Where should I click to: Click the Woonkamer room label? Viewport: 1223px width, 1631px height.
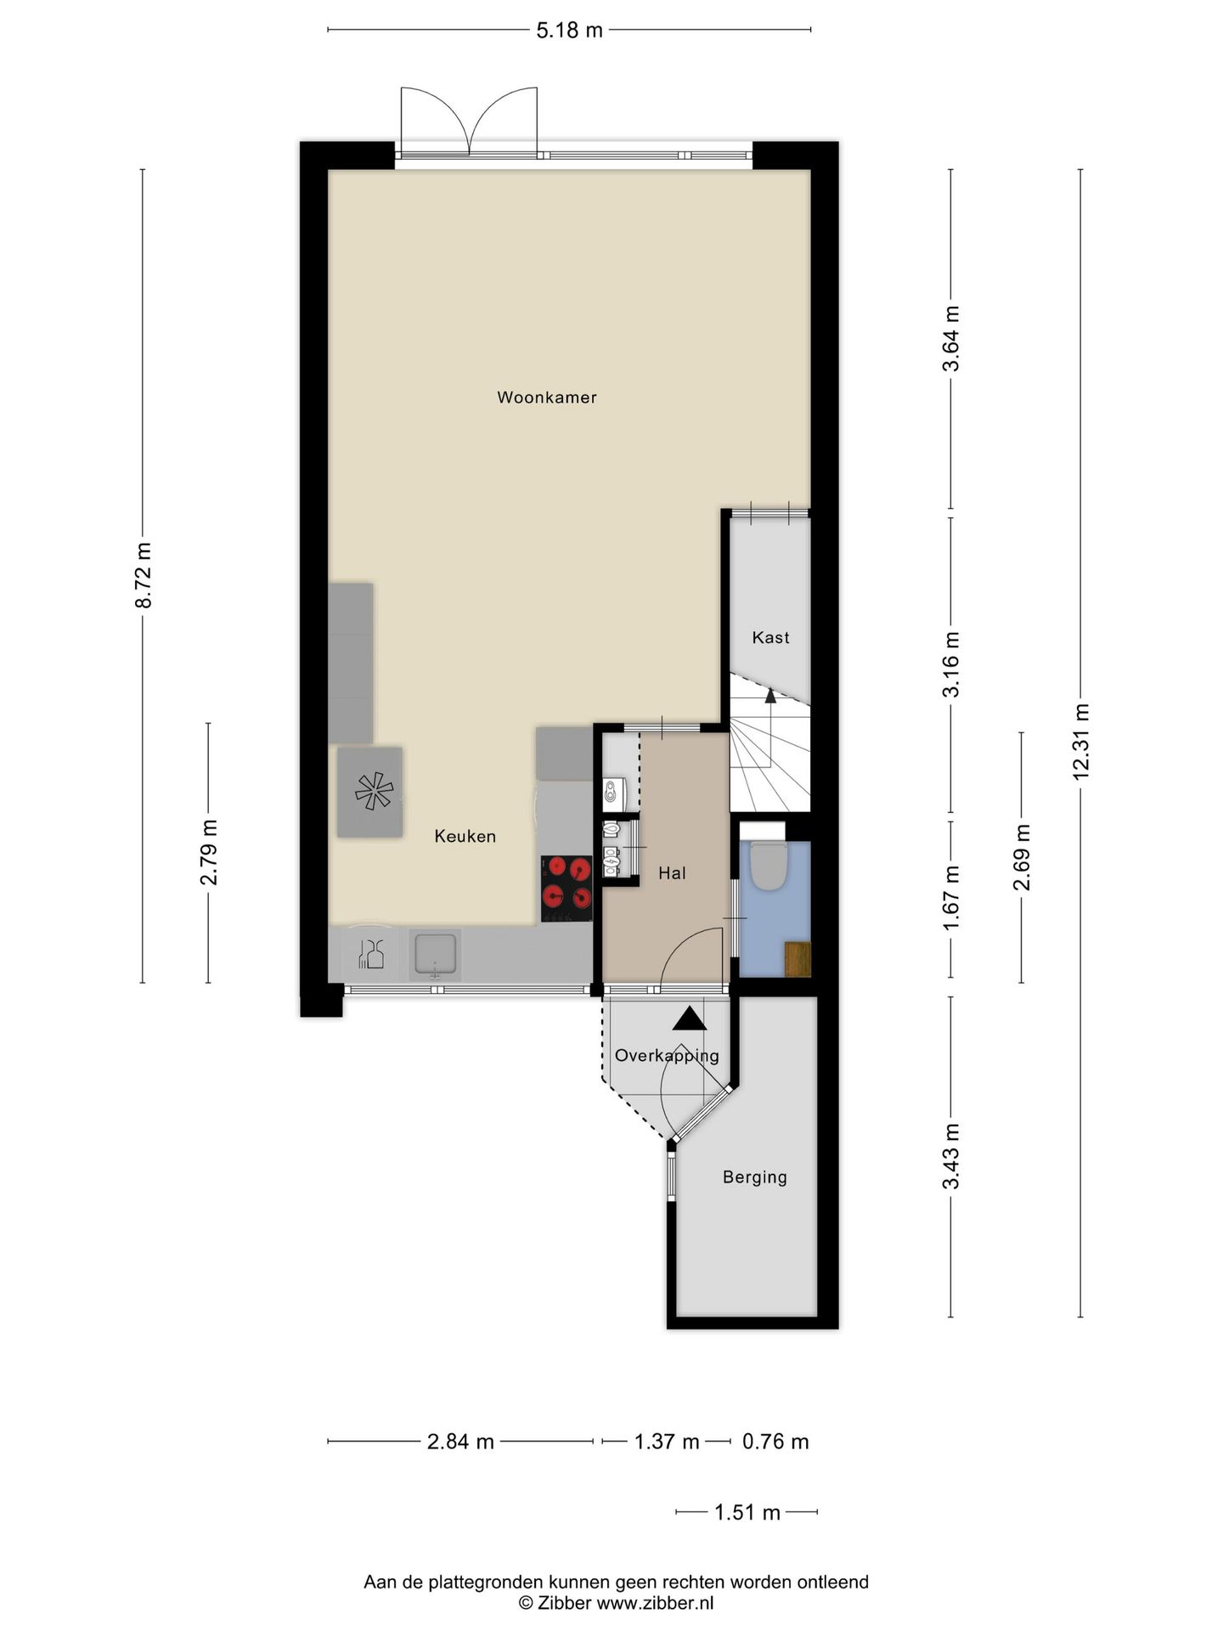(x=547, y=398)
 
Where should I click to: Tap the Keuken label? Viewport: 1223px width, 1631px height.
(x=465, y=836)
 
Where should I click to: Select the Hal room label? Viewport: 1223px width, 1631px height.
(x=672, y=873)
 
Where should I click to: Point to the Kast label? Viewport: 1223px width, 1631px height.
(x=770, y=637)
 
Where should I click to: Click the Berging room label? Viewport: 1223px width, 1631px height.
(x=755, y=1177)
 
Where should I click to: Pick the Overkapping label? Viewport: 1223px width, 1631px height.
(x=667, y=1056)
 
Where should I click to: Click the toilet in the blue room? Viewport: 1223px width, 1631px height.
(x=770, y=864)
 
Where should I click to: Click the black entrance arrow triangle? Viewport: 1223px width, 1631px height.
(x=689, y=1019)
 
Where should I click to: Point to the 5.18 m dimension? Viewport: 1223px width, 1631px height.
(x=569, y=31)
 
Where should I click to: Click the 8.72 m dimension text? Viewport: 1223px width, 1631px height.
(x=144, y=575)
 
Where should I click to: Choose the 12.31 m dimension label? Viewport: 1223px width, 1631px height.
(x=1080, y=742)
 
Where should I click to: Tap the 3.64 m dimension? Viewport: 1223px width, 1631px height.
(x=951, y=338)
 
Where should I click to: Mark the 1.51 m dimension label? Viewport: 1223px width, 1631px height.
(x=747, y=1512)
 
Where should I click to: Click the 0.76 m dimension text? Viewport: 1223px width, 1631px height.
(x=775, y=1442)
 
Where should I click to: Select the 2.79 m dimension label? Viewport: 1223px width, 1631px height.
(x=209, y=852)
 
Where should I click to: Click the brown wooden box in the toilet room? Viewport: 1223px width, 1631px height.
(x=797, y=959)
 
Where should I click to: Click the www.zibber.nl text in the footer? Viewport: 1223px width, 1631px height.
(x=655, y=1604)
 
